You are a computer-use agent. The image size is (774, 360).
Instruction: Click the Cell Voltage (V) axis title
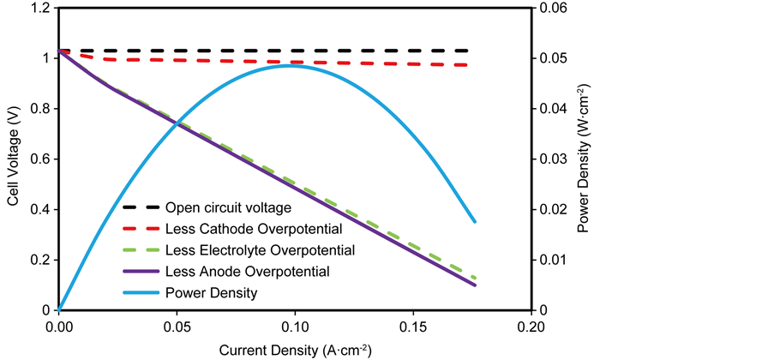14,159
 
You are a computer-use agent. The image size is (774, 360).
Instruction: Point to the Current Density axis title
295,349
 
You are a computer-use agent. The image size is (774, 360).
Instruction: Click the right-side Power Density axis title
584,159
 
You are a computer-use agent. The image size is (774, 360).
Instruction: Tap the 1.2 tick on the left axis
36,9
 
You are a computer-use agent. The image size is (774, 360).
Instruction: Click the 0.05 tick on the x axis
177,327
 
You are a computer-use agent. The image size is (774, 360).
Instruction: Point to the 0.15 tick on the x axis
413,327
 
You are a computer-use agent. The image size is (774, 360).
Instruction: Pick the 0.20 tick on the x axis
531,327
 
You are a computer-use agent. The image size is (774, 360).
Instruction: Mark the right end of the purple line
475,285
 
